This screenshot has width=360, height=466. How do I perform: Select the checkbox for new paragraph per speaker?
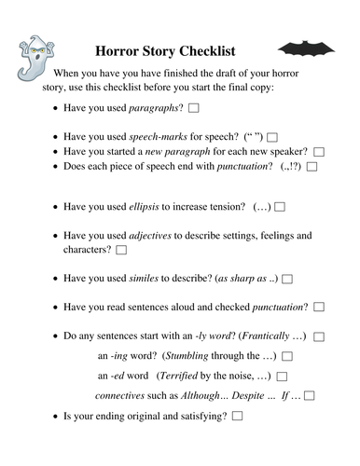[x=319, y=152]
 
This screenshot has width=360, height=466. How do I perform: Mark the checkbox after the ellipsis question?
[x=280, y=206]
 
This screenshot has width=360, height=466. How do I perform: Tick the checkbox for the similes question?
[x=287, y=279]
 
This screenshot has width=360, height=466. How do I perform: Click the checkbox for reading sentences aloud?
[x=319, y=307]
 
